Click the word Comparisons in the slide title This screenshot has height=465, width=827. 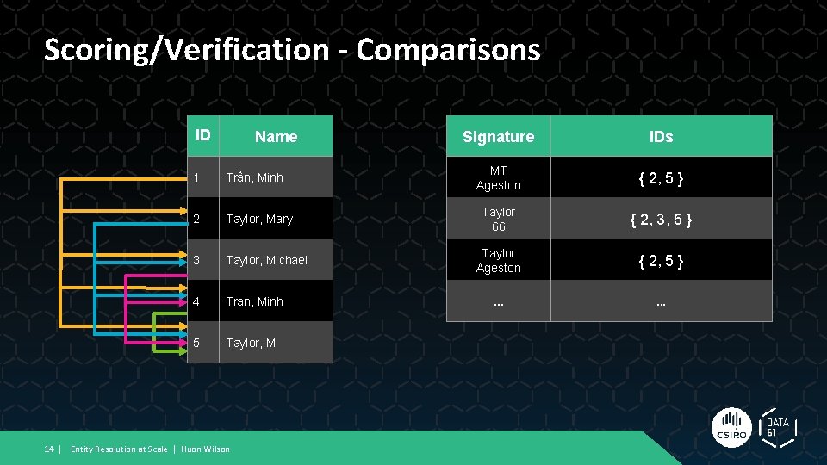click(448, 50)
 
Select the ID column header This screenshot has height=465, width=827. click(203, 135)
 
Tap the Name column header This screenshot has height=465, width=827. click(276, 137)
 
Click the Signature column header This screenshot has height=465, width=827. click(498, 137)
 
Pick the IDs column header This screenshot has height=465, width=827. click(661, 137)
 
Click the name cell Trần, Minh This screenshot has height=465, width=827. click(255, 178)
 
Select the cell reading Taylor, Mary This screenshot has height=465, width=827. click(259, 220)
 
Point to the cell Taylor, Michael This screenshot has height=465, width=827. click(266, 260)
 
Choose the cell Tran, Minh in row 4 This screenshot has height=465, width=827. click(255, 301)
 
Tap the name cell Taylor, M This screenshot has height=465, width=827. click(251, 343)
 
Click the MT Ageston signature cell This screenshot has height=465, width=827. click(498, 178)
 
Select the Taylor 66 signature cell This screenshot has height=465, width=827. click(498, 220)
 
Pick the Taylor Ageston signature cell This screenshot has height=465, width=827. click(498, 260)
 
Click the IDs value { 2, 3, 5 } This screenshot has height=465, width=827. click(661, 220)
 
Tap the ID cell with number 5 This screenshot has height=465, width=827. click(197, 343)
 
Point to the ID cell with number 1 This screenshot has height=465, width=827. click(197, 178)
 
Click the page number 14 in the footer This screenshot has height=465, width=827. click(49, 449)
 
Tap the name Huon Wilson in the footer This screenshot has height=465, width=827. click(205, 449)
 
